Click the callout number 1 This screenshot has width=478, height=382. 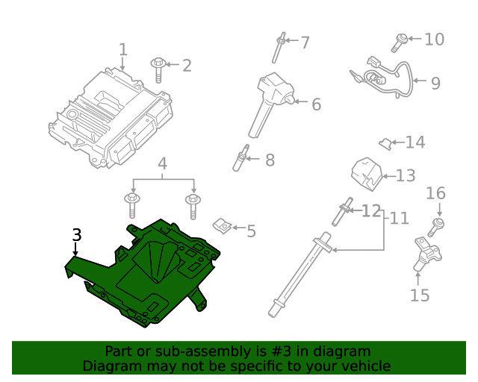(123, 50)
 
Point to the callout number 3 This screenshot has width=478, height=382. (76, 235)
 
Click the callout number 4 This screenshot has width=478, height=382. (162, 163)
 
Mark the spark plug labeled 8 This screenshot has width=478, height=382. (240, 159)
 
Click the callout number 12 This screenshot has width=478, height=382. (371, 211)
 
